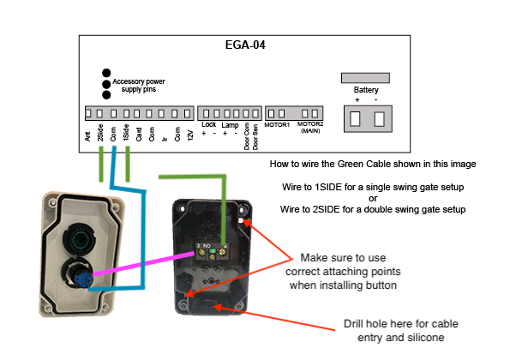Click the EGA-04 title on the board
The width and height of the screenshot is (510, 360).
(x=245, y=45)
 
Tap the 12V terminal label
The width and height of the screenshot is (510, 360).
(x=190, y=135)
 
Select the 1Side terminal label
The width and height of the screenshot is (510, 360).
(x=126, y=132)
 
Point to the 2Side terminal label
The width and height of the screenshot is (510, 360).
(x=100, y=132)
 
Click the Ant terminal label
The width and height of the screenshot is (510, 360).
(x=87, y=136)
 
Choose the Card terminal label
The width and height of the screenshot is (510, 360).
(x=139, y=135)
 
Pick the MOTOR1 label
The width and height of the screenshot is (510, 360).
(x=277, y=125)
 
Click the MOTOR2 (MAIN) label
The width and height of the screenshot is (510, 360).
(x=310, y=128)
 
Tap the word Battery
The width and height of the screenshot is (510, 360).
(x=366, y=90)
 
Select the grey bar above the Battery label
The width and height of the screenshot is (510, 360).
(x=365, y=78)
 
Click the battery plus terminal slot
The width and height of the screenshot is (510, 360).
(x=355, y=118)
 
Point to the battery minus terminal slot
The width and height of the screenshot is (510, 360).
(x=379, y=118)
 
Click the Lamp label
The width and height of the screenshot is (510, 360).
(x=230, y=125)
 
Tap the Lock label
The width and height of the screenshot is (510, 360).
(x=208, y=124)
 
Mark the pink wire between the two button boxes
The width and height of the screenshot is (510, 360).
(x=144, y=264)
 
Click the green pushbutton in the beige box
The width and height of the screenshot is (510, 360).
(x=79, y=240)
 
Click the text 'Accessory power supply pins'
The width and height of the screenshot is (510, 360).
(x=139, y=85)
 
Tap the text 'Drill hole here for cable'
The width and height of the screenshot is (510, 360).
(x=401, y=324)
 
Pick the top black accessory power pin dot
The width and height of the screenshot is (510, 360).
(x=106, y=73)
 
